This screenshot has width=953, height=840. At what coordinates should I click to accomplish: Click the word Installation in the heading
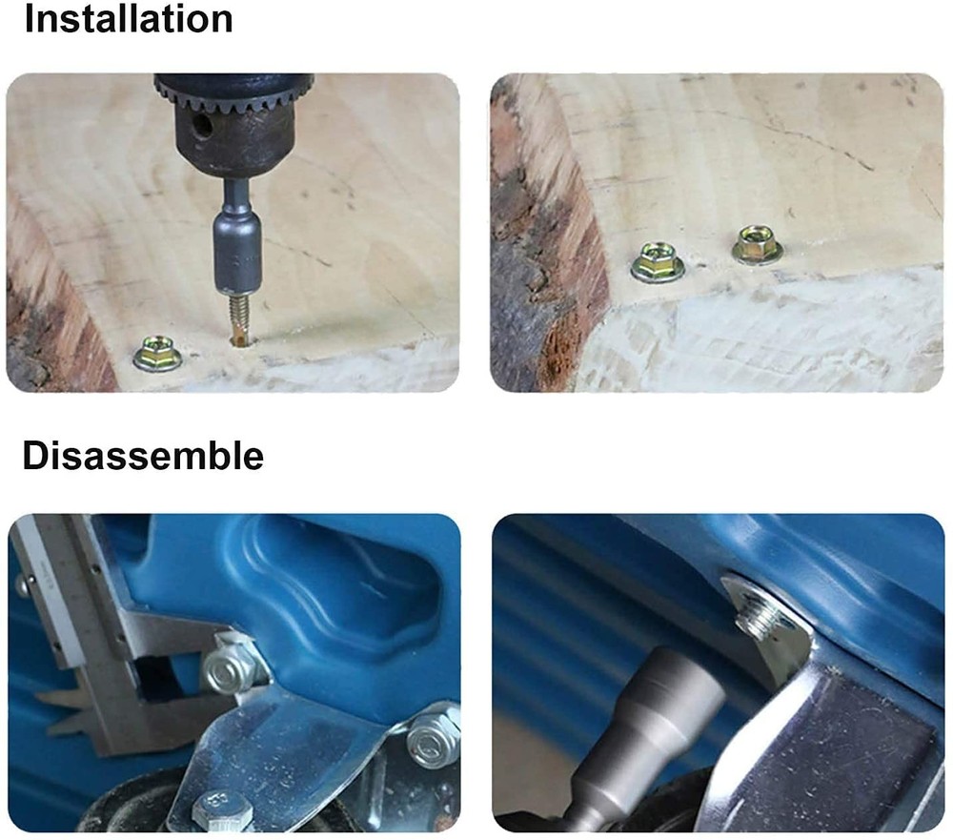pos(129,19)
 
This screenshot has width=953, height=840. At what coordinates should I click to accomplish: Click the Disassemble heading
pos(144,455)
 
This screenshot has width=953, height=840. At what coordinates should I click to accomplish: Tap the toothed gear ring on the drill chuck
pos(234,94)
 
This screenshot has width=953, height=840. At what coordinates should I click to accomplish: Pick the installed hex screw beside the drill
pos(158,354)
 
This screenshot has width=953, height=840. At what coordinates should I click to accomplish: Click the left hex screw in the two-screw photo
pos(658,262)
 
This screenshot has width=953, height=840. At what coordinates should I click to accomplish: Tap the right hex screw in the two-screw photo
pos(757,244)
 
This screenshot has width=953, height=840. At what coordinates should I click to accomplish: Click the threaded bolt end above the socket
pos(759,621)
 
